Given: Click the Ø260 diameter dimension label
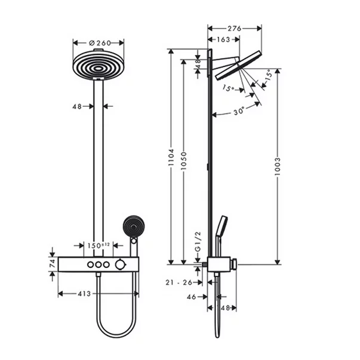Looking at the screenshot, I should pos(99,43).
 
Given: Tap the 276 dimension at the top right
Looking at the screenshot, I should pos(234,27).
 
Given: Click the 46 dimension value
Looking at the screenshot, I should pos(192,296).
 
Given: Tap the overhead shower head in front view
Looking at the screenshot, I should pos(99,66).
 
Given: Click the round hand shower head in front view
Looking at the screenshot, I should pos(131,227).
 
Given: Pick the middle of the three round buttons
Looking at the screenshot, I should pos(99,264).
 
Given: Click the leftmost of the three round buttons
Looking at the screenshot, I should pos(90,264).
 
